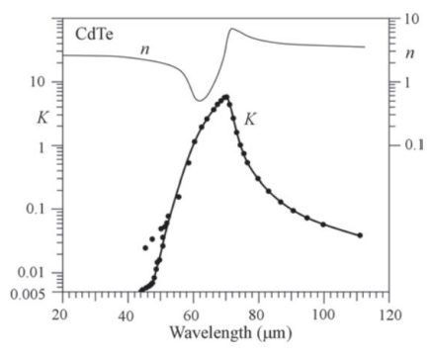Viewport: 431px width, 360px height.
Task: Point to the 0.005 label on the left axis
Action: click(x=37, y=292)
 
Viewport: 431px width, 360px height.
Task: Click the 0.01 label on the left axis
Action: click(x=41, y=271)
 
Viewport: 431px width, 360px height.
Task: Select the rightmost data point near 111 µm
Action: click(x=360, y=235)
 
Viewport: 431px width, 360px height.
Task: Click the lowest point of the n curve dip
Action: click(x=201, y=100)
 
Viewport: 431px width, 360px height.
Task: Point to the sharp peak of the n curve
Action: click(x=232, y=29)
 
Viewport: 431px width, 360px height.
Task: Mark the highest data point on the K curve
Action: click(x=227, y=97)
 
